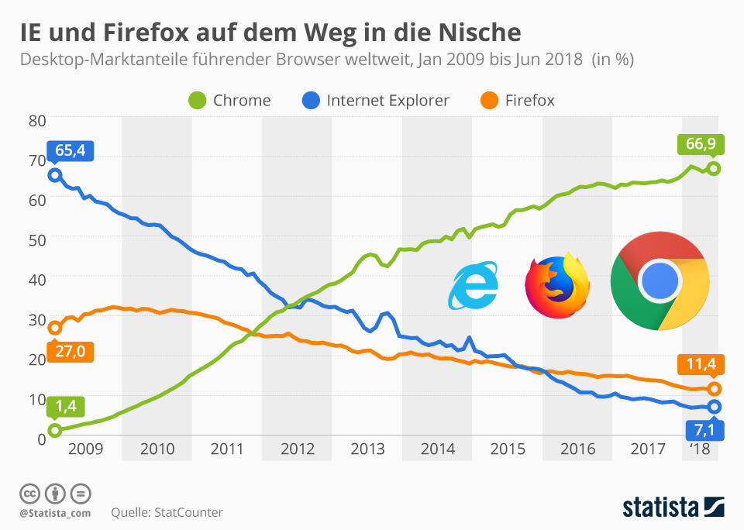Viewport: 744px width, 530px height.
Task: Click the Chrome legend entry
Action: coord(229,101)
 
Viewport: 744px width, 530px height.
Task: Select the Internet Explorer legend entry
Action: coord(375,101)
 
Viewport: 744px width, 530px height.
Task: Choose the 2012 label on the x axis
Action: coord(297,449)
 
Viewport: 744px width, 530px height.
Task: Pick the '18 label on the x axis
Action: coord(699,449)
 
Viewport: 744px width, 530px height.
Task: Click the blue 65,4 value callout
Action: coord(70,150)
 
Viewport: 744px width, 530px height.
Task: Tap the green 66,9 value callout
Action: coord(700,144)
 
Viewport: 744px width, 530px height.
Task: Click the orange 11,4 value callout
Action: coord(700,363)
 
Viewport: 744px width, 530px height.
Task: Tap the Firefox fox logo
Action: coord(556,284)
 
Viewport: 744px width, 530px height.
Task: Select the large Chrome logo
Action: coord(660,280)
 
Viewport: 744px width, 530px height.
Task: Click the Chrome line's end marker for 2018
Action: coord(714,168)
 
